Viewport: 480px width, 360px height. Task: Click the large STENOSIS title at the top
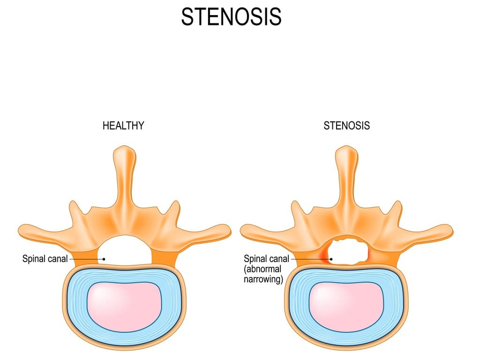[x=231, y=17]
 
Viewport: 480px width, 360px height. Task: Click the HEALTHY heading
[x=123, y=126]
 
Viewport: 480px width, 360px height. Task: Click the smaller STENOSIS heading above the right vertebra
[x=346, y=126]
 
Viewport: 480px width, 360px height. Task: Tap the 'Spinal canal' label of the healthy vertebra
[x=45, y=258]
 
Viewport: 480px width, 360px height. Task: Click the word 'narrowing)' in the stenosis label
[x=263, y=280]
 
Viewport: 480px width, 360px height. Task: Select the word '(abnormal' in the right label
[x=262, y=269]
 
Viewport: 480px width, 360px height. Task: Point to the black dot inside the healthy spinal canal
[x=104, y=258]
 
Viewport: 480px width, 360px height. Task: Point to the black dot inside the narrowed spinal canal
[x=331, y=258]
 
